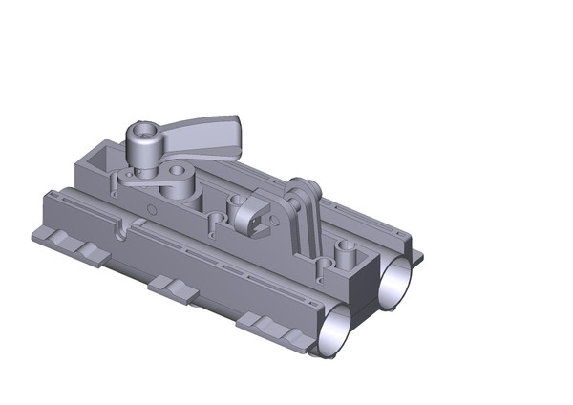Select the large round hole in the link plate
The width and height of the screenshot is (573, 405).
coord(179,181)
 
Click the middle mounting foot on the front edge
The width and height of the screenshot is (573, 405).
coord(174,288)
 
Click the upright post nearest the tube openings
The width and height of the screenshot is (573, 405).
coord(346,252)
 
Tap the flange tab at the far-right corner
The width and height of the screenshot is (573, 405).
coord(416,256)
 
